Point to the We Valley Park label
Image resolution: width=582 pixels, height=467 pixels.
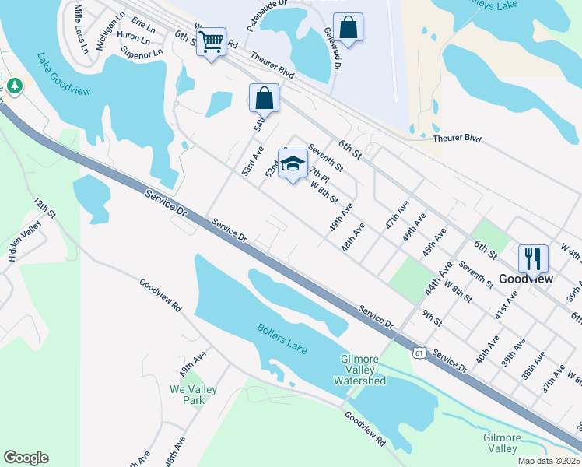click(194, 395)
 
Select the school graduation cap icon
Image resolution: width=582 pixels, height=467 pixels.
click(293, 164)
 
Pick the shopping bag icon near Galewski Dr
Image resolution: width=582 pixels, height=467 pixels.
click(349, 27)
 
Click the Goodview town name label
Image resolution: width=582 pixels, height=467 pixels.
click(525, 279)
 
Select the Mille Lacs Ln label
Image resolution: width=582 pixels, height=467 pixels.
click(81, 28)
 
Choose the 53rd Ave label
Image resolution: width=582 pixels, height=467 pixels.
click(252, 159)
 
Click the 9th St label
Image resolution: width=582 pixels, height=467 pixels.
click(432, 317)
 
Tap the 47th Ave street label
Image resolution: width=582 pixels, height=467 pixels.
click(397, 213)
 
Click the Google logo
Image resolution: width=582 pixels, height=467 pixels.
click(26, 458)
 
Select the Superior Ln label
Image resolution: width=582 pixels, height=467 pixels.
click(141, 52)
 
